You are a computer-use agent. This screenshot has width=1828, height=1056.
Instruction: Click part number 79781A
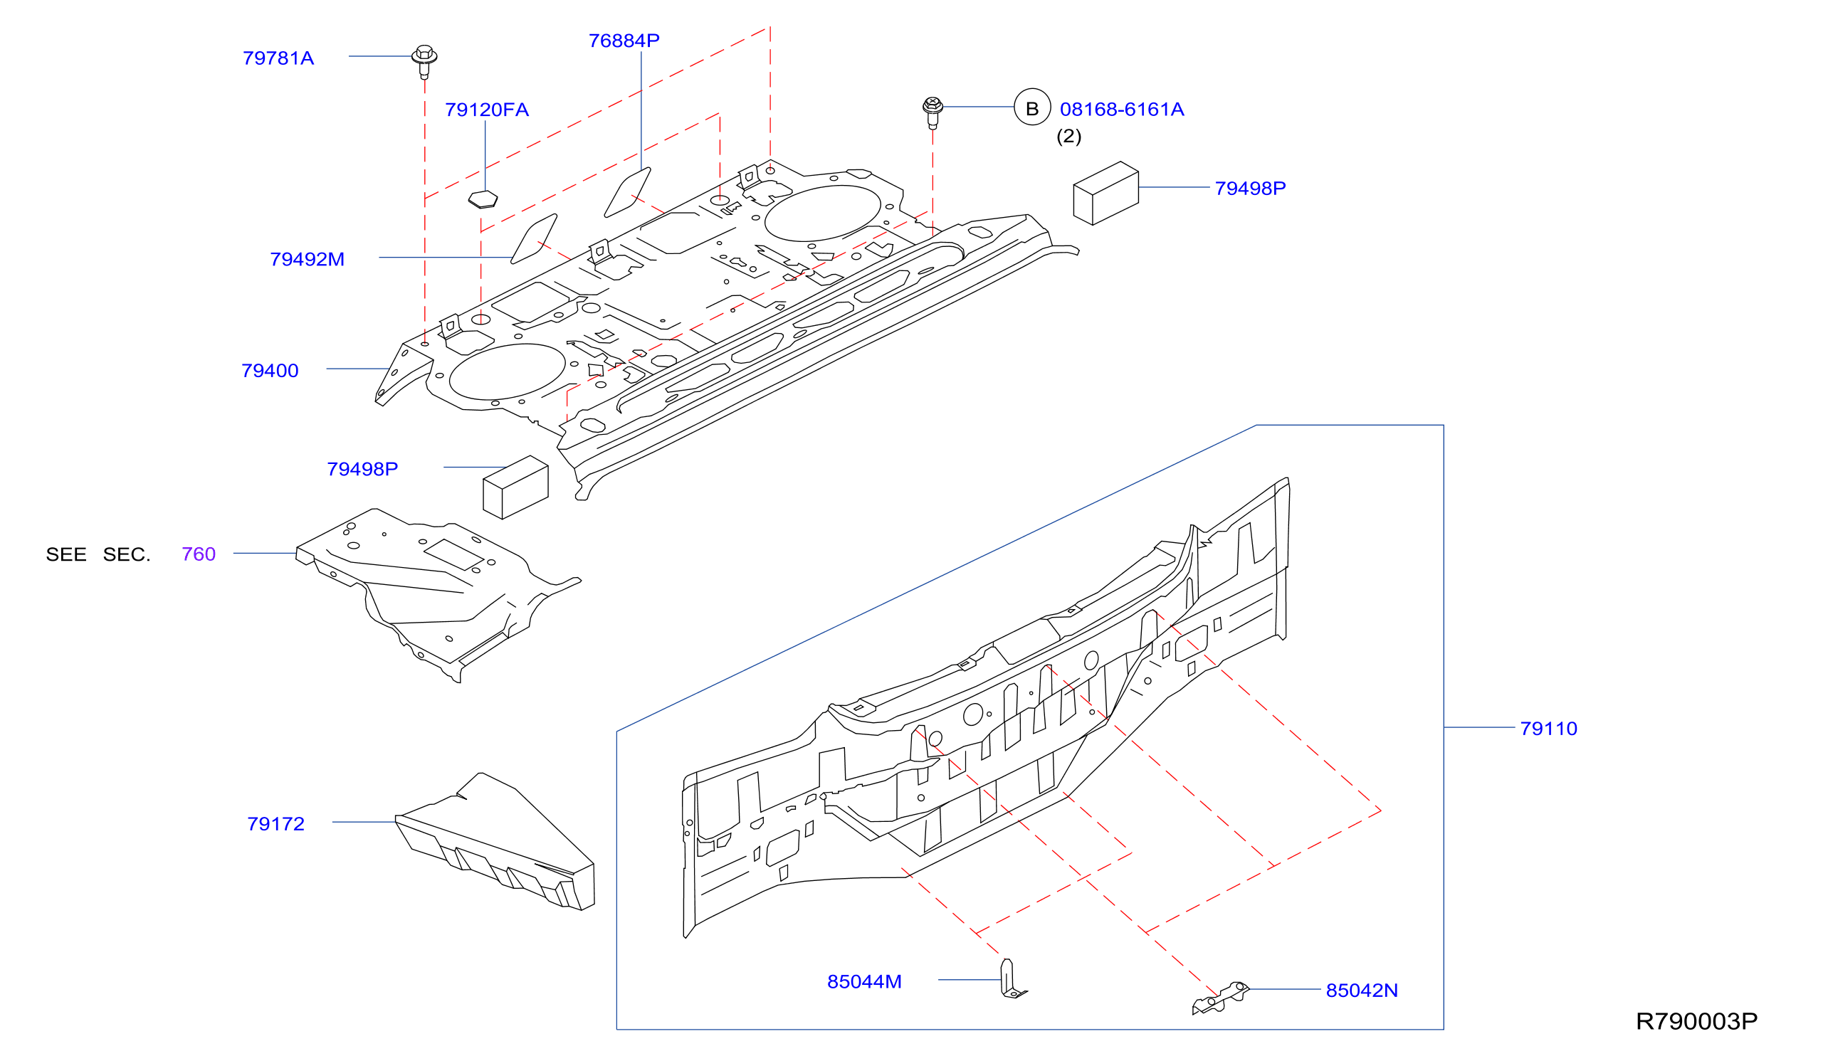[278, 58]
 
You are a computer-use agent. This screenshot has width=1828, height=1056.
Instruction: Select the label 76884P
[624, 41]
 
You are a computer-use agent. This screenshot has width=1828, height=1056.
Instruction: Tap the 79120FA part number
[487, 110]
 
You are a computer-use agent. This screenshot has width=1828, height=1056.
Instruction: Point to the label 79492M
[308, 259]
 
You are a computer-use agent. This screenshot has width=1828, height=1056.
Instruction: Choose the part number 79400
[270, 371]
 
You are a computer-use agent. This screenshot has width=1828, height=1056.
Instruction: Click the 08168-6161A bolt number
[1121, 110]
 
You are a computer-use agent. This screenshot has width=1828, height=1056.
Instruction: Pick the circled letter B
[1032, 107]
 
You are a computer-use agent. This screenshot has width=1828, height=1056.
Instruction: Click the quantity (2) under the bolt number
[1068, 137]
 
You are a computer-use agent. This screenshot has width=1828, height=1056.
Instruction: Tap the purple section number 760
[199, 554]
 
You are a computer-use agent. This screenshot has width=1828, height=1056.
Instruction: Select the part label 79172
[275, 824]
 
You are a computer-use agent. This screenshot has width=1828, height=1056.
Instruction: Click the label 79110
[1549, 729]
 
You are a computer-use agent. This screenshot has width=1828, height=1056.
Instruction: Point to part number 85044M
[864, 982]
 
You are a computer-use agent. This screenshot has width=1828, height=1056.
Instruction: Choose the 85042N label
[1362, 991]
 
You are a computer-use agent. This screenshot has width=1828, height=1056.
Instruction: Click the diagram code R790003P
[1697, 1022]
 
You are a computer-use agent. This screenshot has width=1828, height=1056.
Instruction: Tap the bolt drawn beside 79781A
[424, 62]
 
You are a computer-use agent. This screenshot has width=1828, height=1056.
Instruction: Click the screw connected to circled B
[933, 113]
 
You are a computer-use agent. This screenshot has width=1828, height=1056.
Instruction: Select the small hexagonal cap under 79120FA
[483, 199]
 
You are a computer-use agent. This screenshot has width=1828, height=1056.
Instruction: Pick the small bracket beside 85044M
[1012, 979]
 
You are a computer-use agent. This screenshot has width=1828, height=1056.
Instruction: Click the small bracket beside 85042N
[1221, 998]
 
